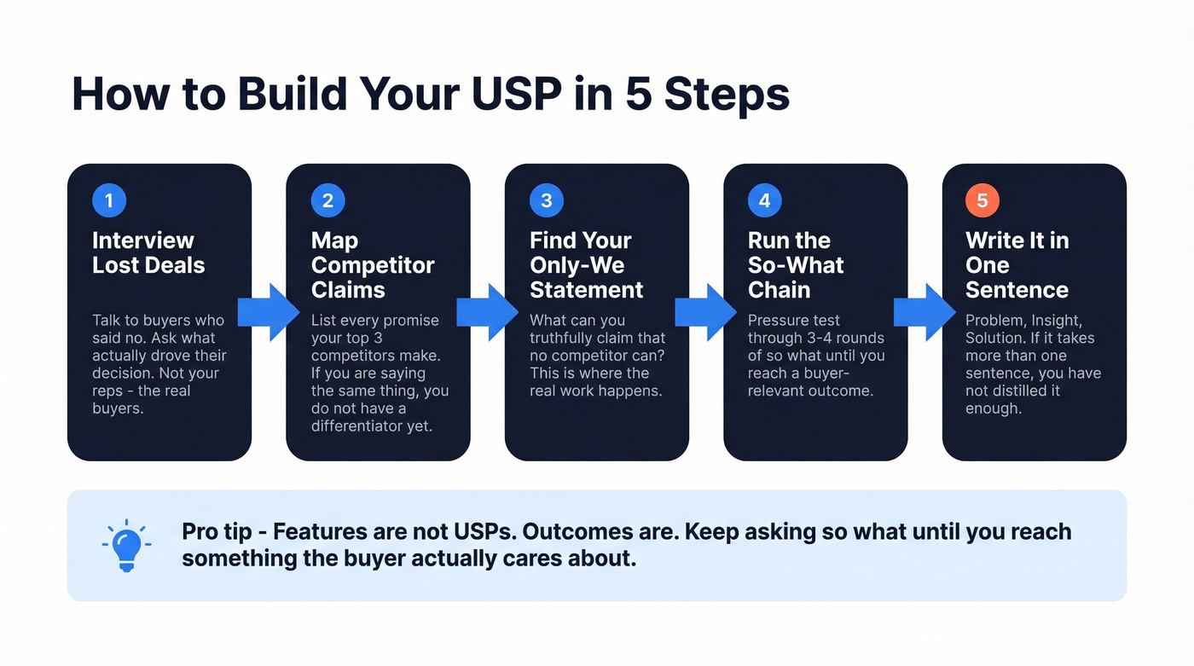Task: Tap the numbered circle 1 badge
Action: [108, 201]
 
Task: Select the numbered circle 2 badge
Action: [327, 201]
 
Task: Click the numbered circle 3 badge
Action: [547, 201]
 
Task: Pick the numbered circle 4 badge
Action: [765, 201]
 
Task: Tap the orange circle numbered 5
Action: [982, 201]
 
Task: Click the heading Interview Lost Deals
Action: [148, 253]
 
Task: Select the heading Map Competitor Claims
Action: [373, 265]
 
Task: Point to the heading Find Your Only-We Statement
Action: [586, 265]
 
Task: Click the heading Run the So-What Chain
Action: [796, 265]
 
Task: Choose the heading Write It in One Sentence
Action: [1017, 265]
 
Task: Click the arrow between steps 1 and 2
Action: [268, 313]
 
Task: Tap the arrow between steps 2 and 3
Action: [487, 313]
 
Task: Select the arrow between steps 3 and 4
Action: [705, 313]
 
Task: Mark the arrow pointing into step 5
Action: [924, 313]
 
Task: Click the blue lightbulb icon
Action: [127, 546]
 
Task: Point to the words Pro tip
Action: [217, 532]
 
